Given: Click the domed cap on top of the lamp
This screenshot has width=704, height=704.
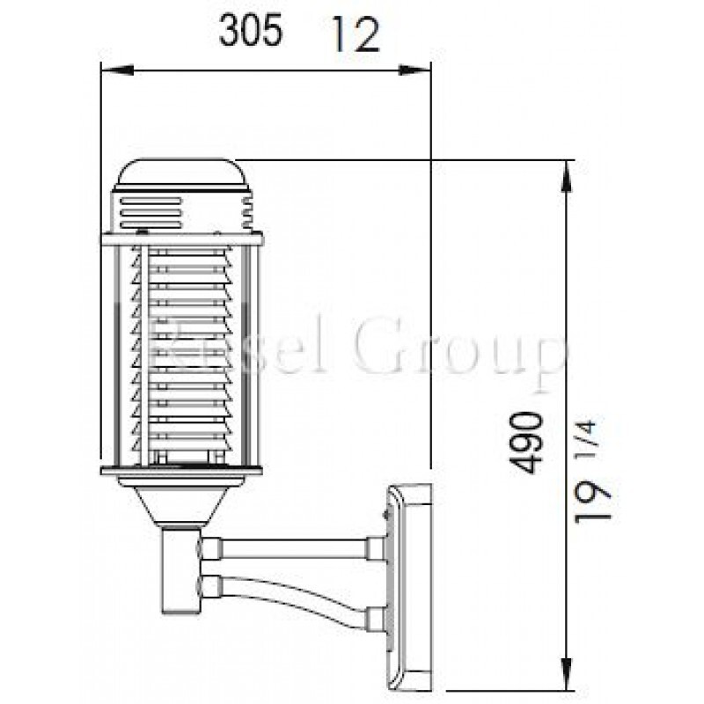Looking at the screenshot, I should pyautogui.click(x=181, y=174).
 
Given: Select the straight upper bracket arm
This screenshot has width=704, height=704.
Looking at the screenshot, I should pyautogui.click(x=290, y=549).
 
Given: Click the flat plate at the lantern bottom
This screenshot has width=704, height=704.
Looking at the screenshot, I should pyautogui.click(x=181, y=473).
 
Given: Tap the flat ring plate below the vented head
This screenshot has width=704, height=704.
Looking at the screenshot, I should pyautogui.click(x=181, y=238).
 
